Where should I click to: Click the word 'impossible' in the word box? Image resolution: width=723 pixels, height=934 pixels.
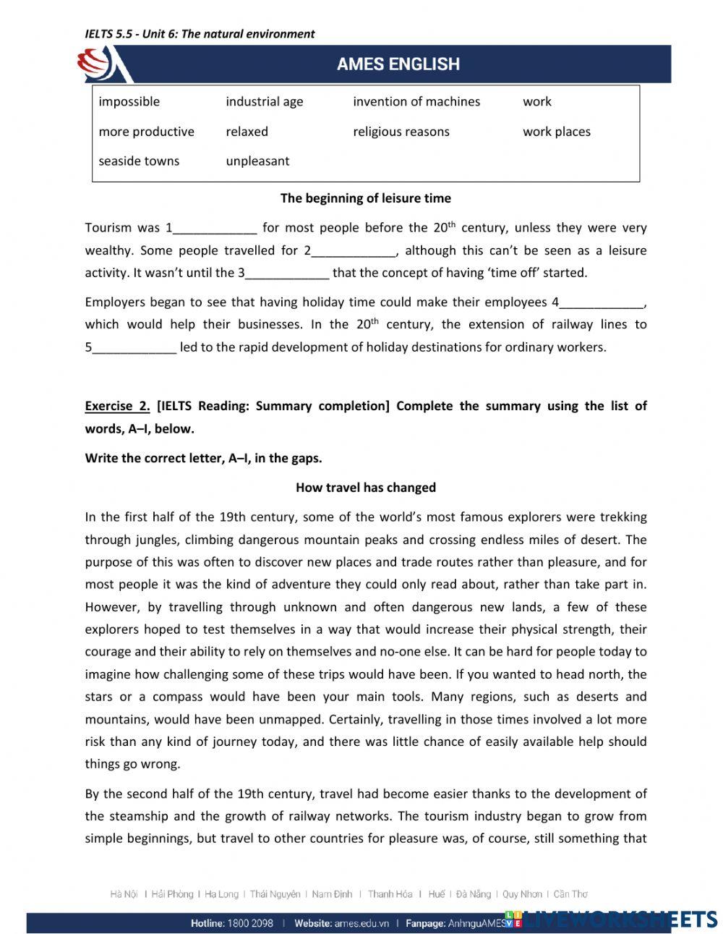click(x=129, y=102)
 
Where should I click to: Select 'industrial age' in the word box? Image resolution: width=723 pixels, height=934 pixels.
click(x=264, y=102)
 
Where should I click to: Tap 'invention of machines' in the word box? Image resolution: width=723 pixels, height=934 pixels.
click(x=416, y=102)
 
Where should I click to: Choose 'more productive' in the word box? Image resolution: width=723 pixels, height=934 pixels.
click(x=147, y=132)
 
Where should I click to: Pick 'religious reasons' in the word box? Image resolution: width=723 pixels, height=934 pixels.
click(x=401, y=132)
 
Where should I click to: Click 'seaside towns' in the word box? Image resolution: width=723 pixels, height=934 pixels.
click(x=139, y=161)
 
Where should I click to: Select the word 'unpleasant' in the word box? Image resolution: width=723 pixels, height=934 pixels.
click(x=257, y=161)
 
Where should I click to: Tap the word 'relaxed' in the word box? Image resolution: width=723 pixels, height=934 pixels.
click(x=247, y=132)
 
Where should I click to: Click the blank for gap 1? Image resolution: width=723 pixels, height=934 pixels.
click(x=215, y=229)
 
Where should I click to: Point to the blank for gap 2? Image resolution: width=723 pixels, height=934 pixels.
click(x=354, y=251)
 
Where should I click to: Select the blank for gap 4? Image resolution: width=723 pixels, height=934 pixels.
click(x=602, y=302)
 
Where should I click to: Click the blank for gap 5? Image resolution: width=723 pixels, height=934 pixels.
click(x=134, y=347)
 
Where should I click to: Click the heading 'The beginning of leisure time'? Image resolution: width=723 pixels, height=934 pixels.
click(x=365, y=198)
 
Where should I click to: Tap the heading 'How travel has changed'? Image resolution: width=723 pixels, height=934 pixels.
click(x=365, y=488)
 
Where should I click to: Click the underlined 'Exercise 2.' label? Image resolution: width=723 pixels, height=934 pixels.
click(x=117, y=406)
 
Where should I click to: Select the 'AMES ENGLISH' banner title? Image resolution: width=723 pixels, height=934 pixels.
click(x=398, y=64)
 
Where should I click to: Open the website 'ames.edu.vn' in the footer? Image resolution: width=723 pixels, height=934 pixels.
click(x=362, y=923)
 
